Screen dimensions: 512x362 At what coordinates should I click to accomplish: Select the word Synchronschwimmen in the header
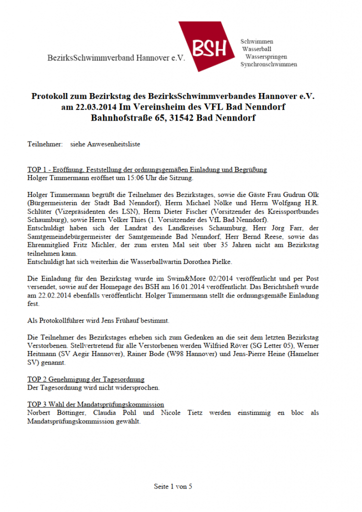tap(268, 65)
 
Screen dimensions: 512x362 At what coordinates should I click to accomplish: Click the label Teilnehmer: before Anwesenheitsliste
tap(45, 144)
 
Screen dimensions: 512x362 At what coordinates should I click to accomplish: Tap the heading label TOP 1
tap(37, 169)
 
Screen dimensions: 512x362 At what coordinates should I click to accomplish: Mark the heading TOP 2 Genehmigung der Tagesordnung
tap(85, 379)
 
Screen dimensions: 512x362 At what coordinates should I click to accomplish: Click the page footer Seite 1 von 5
tap(173, 486)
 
